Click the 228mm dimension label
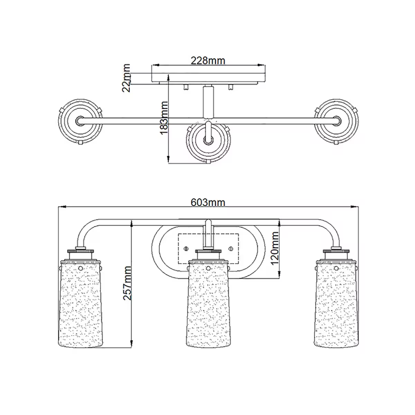pos(208,61)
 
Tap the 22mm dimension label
pos(127,78)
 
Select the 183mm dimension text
pos(164,118)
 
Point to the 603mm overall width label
pos(208,202)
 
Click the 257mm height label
pos(127,283)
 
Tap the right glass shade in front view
pos(336,304)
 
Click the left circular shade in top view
pos(80,121)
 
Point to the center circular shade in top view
pos(208,140)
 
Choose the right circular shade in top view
pos(336,121)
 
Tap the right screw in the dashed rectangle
pos(231,248)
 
